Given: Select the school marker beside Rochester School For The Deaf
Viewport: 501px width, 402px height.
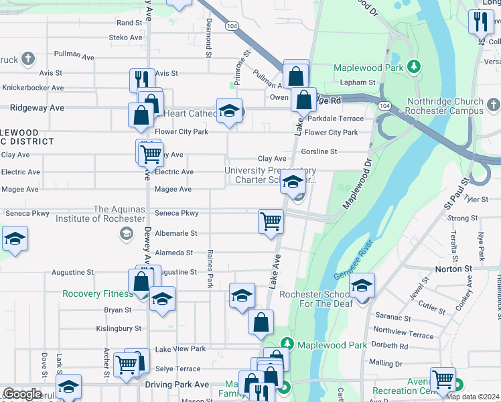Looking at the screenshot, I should (x=362, y=287).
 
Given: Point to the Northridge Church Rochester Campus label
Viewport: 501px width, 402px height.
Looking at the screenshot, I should (x=445, y=106).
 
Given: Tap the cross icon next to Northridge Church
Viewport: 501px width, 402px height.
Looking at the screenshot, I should (x=493, y=105).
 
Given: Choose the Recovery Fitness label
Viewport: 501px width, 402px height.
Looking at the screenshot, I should (x=94, y=294).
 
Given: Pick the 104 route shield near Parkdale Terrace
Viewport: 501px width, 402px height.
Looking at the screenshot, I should (x=384, y=106).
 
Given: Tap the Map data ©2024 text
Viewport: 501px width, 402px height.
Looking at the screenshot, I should (x=472, y=397).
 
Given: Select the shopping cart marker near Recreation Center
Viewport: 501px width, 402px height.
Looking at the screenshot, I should (x=443, y=380).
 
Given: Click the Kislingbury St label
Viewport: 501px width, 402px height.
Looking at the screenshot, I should (x=119, y=329).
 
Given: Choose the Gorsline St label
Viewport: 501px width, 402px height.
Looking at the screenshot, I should (x=318, y=151).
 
